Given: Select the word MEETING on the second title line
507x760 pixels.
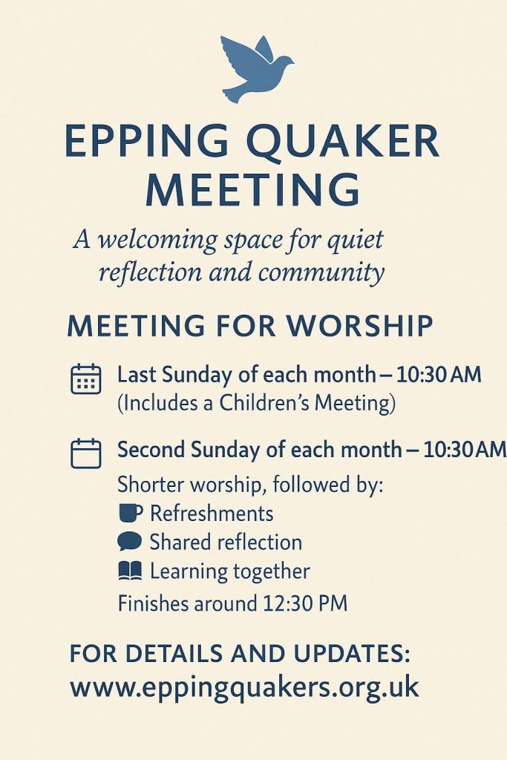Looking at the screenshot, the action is click(x=253, y=189).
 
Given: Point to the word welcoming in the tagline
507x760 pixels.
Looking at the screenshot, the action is click(x=157, y=240).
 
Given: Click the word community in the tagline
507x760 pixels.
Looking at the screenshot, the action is click(x=321, y=272).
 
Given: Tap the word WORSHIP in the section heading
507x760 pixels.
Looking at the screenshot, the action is click(x=359, y=326).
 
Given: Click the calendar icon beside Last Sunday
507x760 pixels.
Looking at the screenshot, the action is click(x=86, y=379).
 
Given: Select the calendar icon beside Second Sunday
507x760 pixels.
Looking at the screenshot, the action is click(x=86, y=453).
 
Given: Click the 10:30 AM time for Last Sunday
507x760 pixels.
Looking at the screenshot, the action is click(x=439, y=375).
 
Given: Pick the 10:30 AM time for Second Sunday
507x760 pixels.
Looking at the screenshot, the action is click(x=465, y=451).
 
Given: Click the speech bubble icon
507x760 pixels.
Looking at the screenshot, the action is click(x=129, y=541).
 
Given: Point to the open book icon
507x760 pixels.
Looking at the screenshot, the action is click(x=130, y=571).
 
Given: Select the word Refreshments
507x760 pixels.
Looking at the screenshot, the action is click(x=212, y=514).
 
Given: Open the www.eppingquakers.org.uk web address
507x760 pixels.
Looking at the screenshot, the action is click(x=244, y=687).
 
